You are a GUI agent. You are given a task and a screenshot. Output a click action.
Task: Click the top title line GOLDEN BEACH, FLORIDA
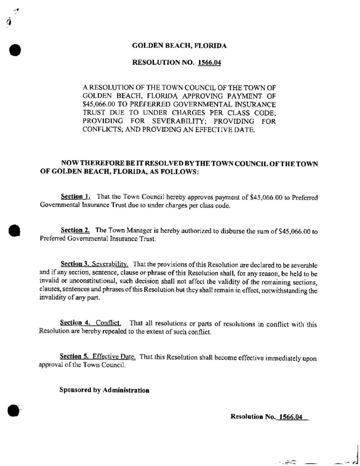click(x=179, y=46)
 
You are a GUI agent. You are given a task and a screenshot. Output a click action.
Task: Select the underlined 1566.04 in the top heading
click(x=209, y=63)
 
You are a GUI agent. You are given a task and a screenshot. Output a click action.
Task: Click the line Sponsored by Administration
click(x=104, y=390)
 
